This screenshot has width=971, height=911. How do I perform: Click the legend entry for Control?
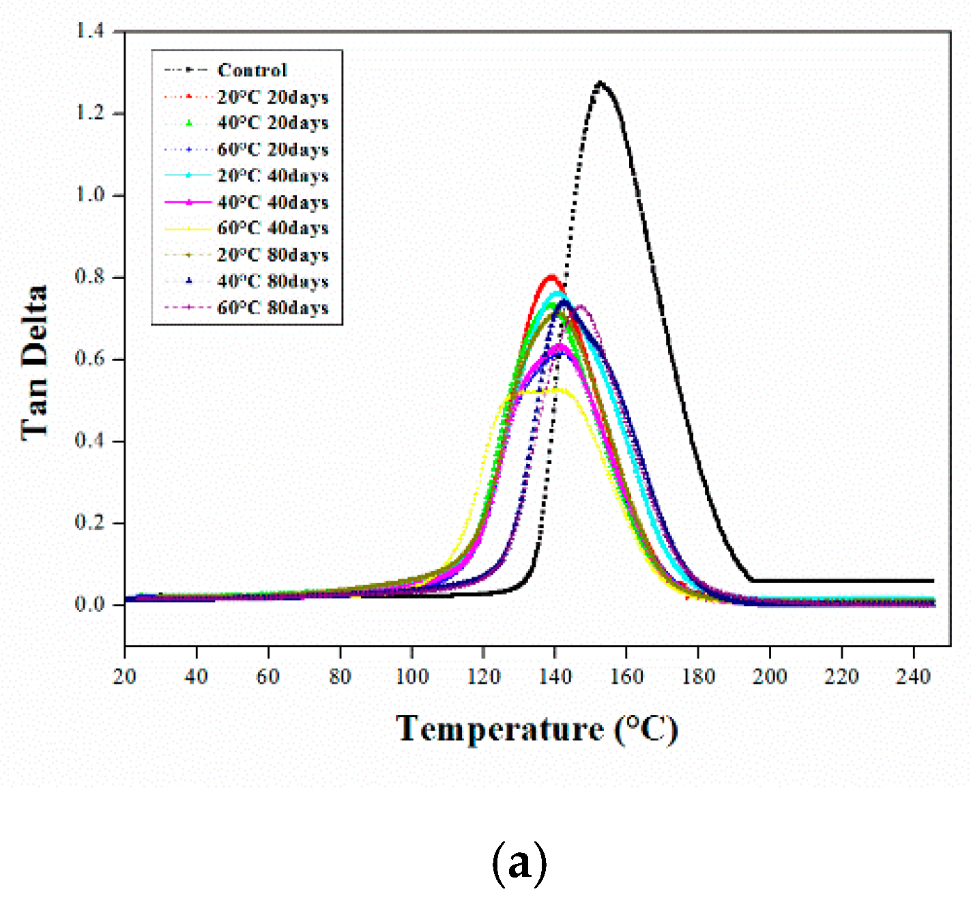pyautogui.click(x=252, y=70)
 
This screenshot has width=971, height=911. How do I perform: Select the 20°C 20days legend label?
pyautogui.click(x=273, y=97)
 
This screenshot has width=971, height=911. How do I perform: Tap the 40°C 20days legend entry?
pyautogui.click(x=273, y=123)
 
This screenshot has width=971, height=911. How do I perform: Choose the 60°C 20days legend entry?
pyautogui.click(x=273, y=149)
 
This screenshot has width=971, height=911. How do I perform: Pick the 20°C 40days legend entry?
pyautogui.click(x=273, y=176)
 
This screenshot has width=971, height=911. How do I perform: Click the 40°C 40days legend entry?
pyautogui.click(x=273, y=203)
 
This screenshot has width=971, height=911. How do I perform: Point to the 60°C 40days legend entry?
pyautogui.click(x=273, y=229)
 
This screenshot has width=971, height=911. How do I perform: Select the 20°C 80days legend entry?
pyautogui.click(x=273, y=255)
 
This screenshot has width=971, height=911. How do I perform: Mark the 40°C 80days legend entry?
pyautogui.click(x=273, y=281)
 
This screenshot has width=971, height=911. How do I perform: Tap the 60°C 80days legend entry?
pyautogui.click(x=273, y=308)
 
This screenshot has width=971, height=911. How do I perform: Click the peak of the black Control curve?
pyautogui.click(x=600, y=83)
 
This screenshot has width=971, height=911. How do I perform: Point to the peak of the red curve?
pyautogui.click(x=551, y=276)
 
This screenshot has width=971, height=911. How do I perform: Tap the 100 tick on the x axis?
pyautogui.click(x=411, y=677)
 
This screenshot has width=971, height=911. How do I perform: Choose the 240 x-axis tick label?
pyautogui.click(x=913, y=677)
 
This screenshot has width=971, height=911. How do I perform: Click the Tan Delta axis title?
pyautogui.click(x=34, y=362)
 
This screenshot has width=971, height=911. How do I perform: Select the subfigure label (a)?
pyautogui.click(x=519, y=864)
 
